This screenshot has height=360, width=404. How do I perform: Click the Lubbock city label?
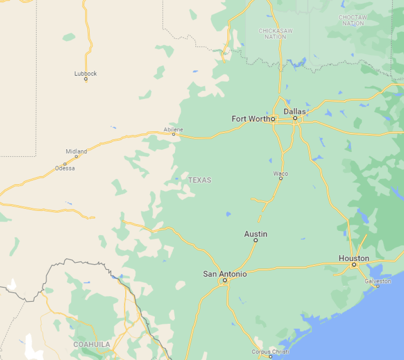[86, 73]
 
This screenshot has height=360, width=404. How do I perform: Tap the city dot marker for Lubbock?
[86, 79]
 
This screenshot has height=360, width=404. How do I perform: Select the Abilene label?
[173, 130]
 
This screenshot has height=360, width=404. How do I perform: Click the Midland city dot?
[76, 156]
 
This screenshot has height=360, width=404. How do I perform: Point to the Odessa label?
[65, 168]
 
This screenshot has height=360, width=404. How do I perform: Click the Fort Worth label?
[250, 119]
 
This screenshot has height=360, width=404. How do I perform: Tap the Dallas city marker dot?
[295, 118]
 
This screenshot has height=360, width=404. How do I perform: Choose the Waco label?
[281, 174]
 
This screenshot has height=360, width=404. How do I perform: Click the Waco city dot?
[281, 178]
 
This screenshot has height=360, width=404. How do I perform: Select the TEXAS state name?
[200, 180]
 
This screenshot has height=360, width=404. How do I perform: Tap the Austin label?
[256, 234]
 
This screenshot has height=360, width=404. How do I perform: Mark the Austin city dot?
[256, 240]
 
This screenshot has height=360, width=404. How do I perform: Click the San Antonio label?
[225, 274]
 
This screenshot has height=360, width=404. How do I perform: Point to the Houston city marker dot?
[354, 264]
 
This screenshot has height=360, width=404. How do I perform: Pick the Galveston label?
[378, 281]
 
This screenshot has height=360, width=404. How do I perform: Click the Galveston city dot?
[377, 286]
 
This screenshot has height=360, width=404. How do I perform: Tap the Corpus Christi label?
[270, 352]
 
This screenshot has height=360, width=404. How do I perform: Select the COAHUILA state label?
[92, 344]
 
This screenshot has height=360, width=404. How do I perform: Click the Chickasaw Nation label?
[276, 34]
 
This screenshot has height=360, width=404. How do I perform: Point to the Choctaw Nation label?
[353, 20]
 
